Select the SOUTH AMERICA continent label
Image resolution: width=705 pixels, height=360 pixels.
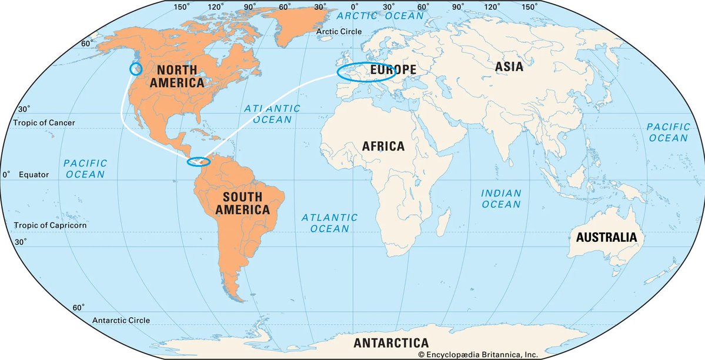click(x=242, y=202)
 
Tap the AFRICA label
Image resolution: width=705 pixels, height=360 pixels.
click(x=383, y=146)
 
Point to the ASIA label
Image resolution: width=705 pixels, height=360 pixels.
click(x=509, y=66)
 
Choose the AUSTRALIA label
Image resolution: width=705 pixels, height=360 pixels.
click(x=606, y=238)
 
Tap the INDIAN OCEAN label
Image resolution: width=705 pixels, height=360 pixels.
click(x=501, y=198)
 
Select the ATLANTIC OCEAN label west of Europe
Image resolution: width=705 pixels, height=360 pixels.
click(x=272, y=114)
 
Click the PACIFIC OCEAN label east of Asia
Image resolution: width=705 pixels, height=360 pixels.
click(x=668, y=132)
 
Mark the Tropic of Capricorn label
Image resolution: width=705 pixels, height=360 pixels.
click(x=51, y=225)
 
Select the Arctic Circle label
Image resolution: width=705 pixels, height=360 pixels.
click(x=339, y=32)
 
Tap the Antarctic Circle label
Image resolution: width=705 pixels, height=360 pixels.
click(x=121, y=321)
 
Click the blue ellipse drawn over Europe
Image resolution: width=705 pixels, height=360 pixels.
click(x=366, y=71)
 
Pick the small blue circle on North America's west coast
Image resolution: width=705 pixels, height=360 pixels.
click(x=136, y=69)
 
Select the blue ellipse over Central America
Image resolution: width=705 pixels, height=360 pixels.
click(x=198, y=162)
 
